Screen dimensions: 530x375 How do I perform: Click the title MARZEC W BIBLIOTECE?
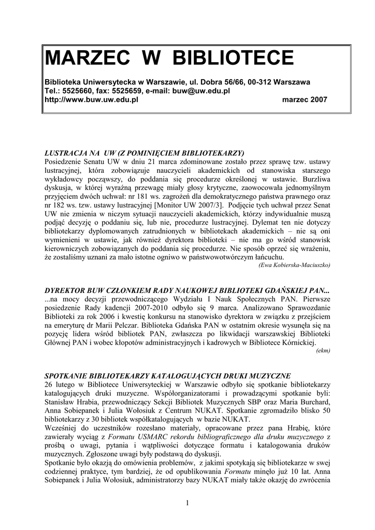169,57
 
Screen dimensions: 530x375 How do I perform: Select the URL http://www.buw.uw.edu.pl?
92,99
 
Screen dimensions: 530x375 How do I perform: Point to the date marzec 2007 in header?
304,99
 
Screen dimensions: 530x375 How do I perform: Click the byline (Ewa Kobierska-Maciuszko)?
294,265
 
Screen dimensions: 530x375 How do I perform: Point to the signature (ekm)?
323,350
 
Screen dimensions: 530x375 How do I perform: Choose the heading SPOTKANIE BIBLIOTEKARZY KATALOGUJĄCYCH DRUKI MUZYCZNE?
168,375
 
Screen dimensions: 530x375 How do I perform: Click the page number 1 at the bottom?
187,503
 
